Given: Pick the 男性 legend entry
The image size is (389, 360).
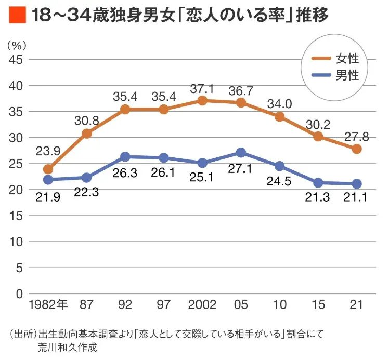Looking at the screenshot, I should coord(337,75).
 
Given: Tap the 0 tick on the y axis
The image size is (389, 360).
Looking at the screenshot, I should coord(19,294).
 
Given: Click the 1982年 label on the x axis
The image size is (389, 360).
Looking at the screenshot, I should coord(49,305).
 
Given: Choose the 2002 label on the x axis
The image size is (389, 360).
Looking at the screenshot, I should coord(202,305).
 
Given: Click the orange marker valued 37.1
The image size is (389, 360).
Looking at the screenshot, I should coord(202,101).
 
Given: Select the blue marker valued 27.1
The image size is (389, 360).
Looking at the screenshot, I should coord(241,153).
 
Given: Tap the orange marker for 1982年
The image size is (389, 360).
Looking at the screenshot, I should coord(48,169).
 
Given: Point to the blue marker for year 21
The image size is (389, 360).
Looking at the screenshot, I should coord(356,184).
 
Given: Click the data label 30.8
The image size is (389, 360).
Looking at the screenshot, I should coord(87,120).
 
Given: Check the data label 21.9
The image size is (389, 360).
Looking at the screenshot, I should coord(48,197).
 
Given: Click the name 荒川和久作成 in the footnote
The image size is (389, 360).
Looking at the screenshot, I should coord(68,347).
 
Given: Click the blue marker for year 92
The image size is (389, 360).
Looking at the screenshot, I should coord(125,157).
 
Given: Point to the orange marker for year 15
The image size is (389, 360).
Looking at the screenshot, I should coord(318,137).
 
